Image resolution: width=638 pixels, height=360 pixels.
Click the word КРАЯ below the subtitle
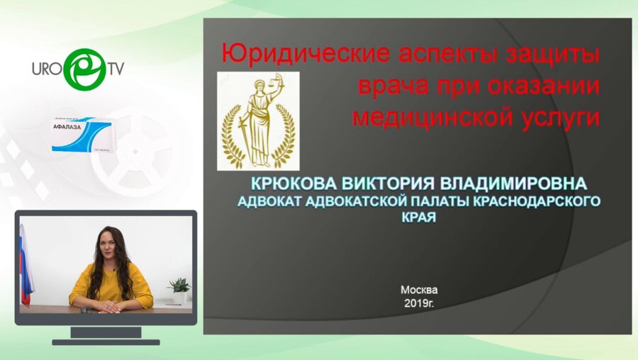click(417, 218)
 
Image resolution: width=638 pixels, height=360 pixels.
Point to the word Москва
click(419, 290)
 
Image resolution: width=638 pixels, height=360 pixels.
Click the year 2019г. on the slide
click(419, 303)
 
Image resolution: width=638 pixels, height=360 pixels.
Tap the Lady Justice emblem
click(257, 120)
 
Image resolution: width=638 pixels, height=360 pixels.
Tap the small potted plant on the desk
click(179, 290)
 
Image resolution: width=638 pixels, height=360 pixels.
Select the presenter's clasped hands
click(107, 306)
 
